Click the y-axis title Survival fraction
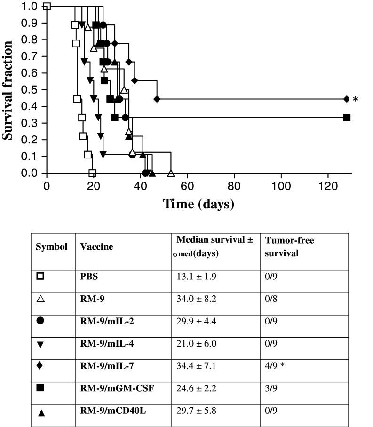click(x=8, y=90)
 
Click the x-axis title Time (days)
click(x=198, y=204)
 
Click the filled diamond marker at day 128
click(x=347, y=99)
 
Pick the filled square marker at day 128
click(x=347, y=117)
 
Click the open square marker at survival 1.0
click(x=47, y=6)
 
